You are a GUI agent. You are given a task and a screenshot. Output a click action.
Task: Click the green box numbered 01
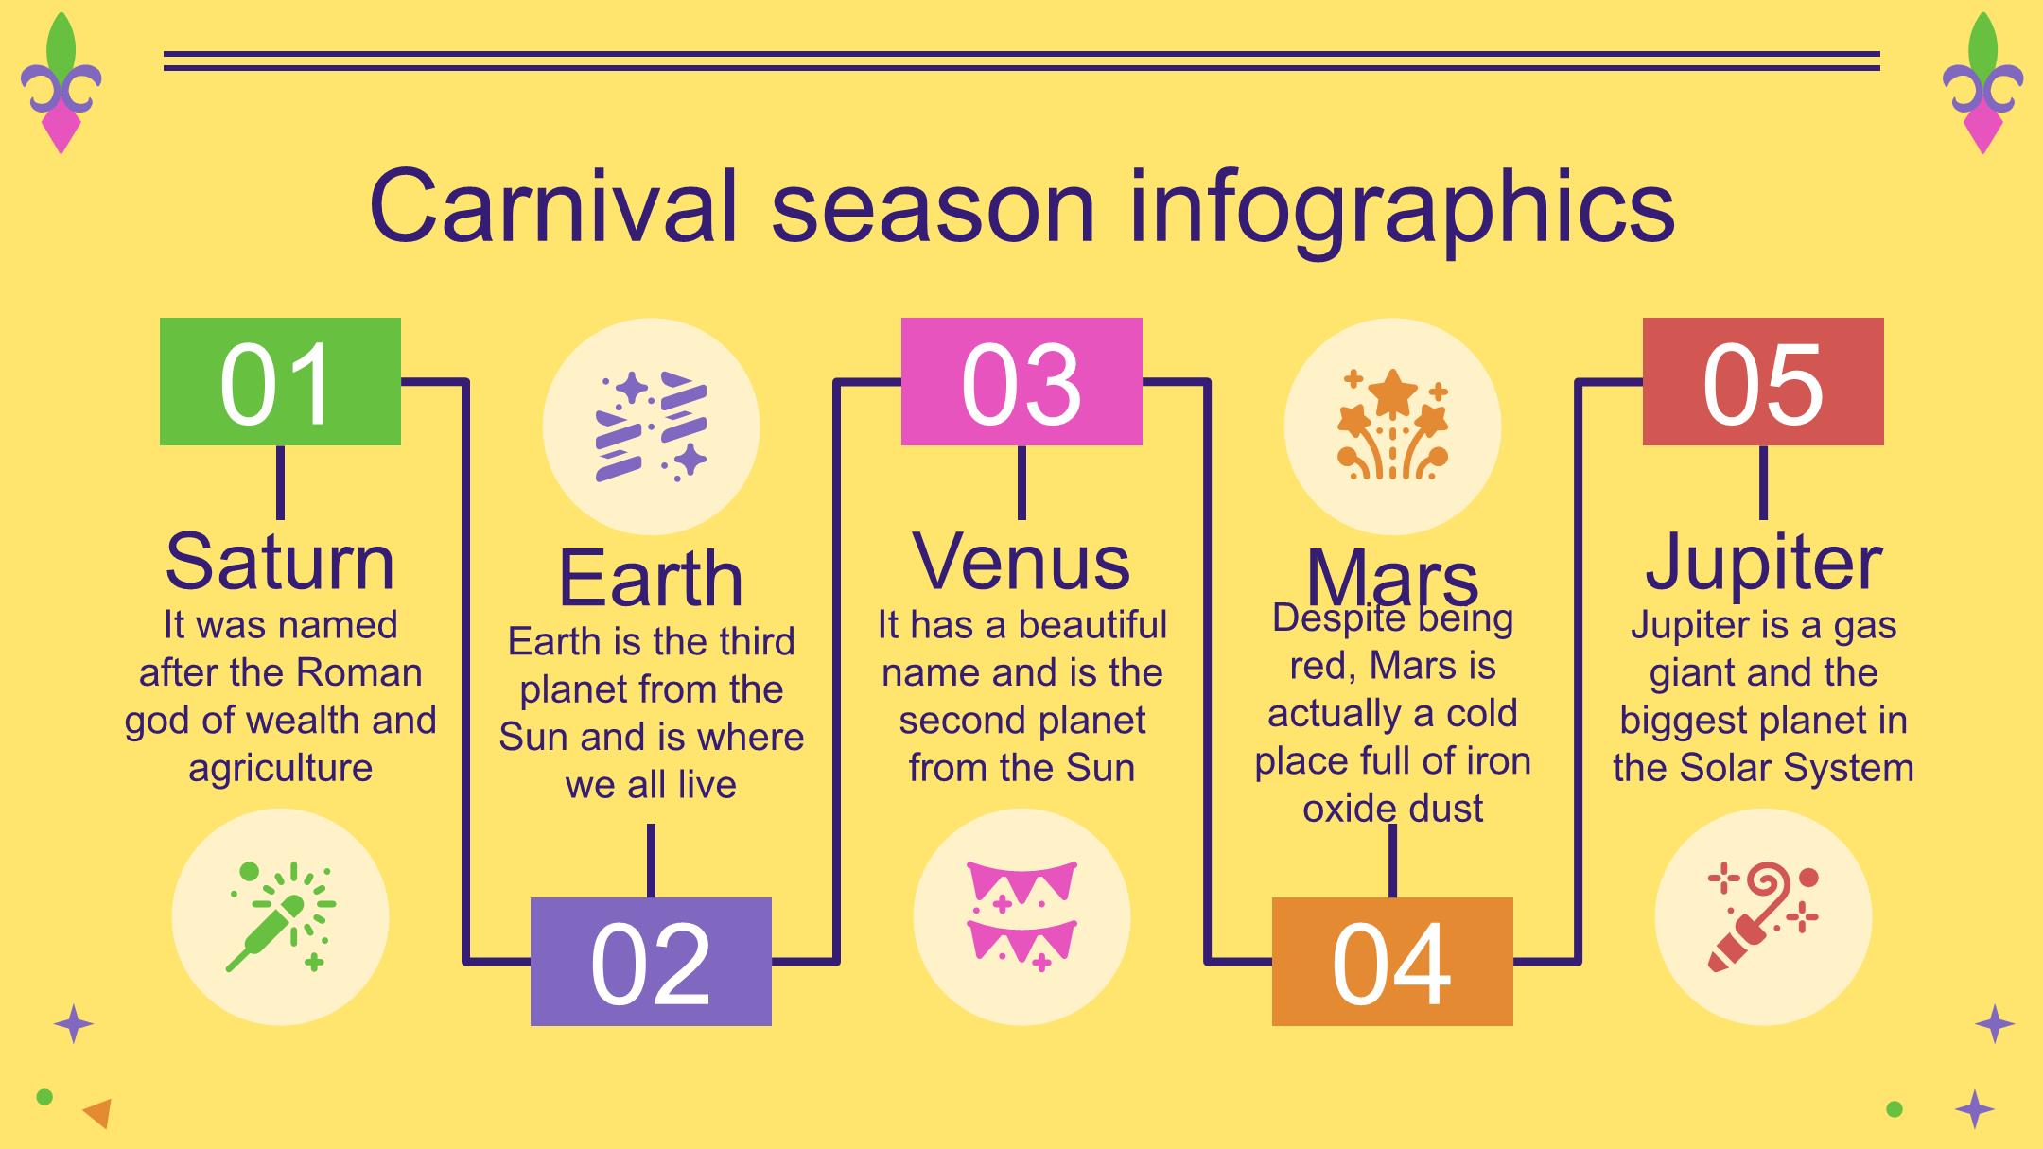click(280, 381)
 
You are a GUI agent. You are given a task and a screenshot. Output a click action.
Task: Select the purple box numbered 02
click(651, 962)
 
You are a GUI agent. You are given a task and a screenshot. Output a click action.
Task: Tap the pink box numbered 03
click(1021, 381)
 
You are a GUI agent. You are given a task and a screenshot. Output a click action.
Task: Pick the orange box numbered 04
click(1392, 962)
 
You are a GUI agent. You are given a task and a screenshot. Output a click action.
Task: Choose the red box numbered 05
click(1763, 381)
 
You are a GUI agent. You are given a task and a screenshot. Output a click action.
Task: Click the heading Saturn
click(280, 562)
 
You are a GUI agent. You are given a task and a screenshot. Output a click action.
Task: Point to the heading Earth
click(651, 579)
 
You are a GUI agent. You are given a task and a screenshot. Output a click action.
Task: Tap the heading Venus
click(1021, 562)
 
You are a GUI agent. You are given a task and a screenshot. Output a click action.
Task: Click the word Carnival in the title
click(552, 206)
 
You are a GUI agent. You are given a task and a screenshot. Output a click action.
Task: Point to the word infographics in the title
click(1402, 210)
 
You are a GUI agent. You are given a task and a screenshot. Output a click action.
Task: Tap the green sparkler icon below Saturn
click(280, 916)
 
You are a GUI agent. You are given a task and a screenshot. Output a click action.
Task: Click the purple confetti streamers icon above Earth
click(651, 427)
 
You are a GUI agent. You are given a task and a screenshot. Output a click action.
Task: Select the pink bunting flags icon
click(1021, 916)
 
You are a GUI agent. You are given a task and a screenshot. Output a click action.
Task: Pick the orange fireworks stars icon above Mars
click(1392, 425)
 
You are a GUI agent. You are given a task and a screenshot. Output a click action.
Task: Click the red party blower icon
click(1763, 916)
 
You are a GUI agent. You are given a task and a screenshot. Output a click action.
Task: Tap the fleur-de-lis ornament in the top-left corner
click(61, 83)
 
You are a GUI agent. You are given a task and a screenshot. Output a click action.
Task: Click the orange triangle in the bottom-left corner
click(98, 1113)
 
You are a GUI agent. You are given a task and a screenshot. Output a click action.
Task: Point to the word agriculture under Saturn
click(280, 769)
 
